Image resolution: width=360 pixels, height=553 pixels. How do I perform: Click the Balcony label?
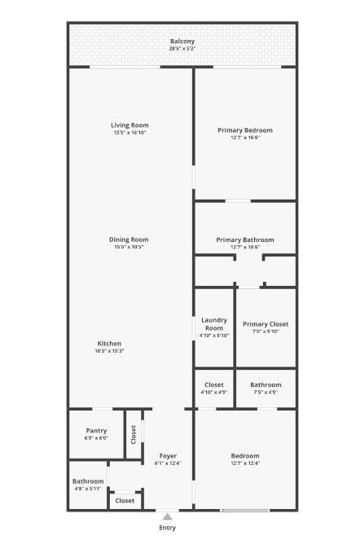click(x=182, y=42)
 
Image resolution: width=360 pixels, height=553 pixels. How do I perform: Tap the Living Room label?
click(x=130, y=125)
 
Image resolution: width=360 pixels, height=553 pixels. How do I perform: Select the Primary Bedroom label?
click(x=244, y=129)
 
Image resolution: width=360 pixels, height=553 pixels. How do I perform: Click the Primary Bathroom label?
click(x=245, y=239)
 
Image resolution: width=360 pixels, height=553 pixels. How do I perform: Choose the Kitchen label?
click(x=109, y=343)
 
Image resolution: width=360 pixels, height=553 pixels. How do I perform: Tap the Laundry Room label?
click(x=214, y=324)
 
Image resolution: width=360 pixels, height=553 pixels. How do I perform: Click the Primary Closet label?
click(x=266, y=324)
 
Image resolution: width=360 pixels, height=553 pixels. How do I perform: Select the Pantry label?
click(x=96, y=431)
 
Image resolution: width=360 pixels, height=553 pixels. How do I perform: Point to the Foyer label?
click(x=168, y=455)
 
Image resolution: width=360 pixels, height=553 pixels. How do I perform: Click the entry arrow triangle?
click(x=167, y=516)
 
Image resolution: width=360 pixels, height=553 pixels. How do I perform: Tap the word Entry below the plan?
click(x=167, y=528)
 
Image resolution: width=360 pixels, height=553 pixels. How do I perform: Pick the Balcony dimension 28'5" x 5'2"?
click(x=182, y=49)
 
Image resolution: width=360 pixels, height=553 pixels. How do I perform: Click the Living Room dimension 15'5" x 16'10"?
click(x=130, y=133)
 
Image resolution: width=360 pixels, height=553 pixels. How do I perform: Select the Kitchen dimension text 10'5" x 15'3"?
click(x=109, y=351)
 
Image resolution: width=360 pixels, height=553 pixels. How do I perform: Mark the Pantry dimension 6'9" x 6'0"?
click(x=96, y=438)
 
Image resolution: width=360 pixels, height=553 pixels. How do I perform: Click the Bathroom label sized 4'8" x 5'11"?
click(x=88, y=481)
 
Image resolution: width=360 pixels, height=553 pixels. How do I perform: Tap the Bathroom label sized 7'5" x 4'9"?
click(x=266, y=384)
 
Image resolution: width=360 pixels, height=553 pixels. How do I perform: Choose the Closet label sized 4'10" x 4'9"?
click(x=214, y=384)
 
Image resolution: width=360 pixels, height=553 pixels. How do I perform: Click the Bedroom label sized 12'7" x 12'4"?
click(x=244, y=455)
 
